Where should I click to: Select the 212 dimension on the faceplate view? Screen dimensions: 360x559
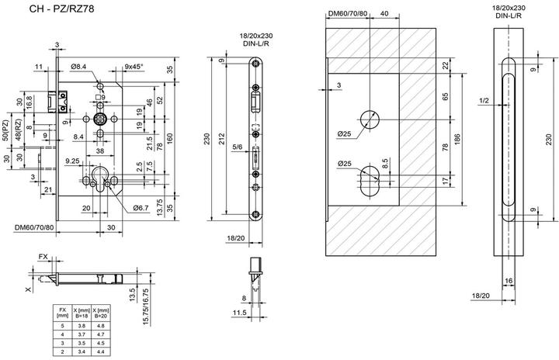[224, 139]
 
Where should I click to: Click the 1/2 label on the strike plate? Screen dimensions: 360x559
[483, 101]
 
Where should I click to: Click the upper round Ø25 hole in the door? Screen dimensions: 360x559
[368, 119]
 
